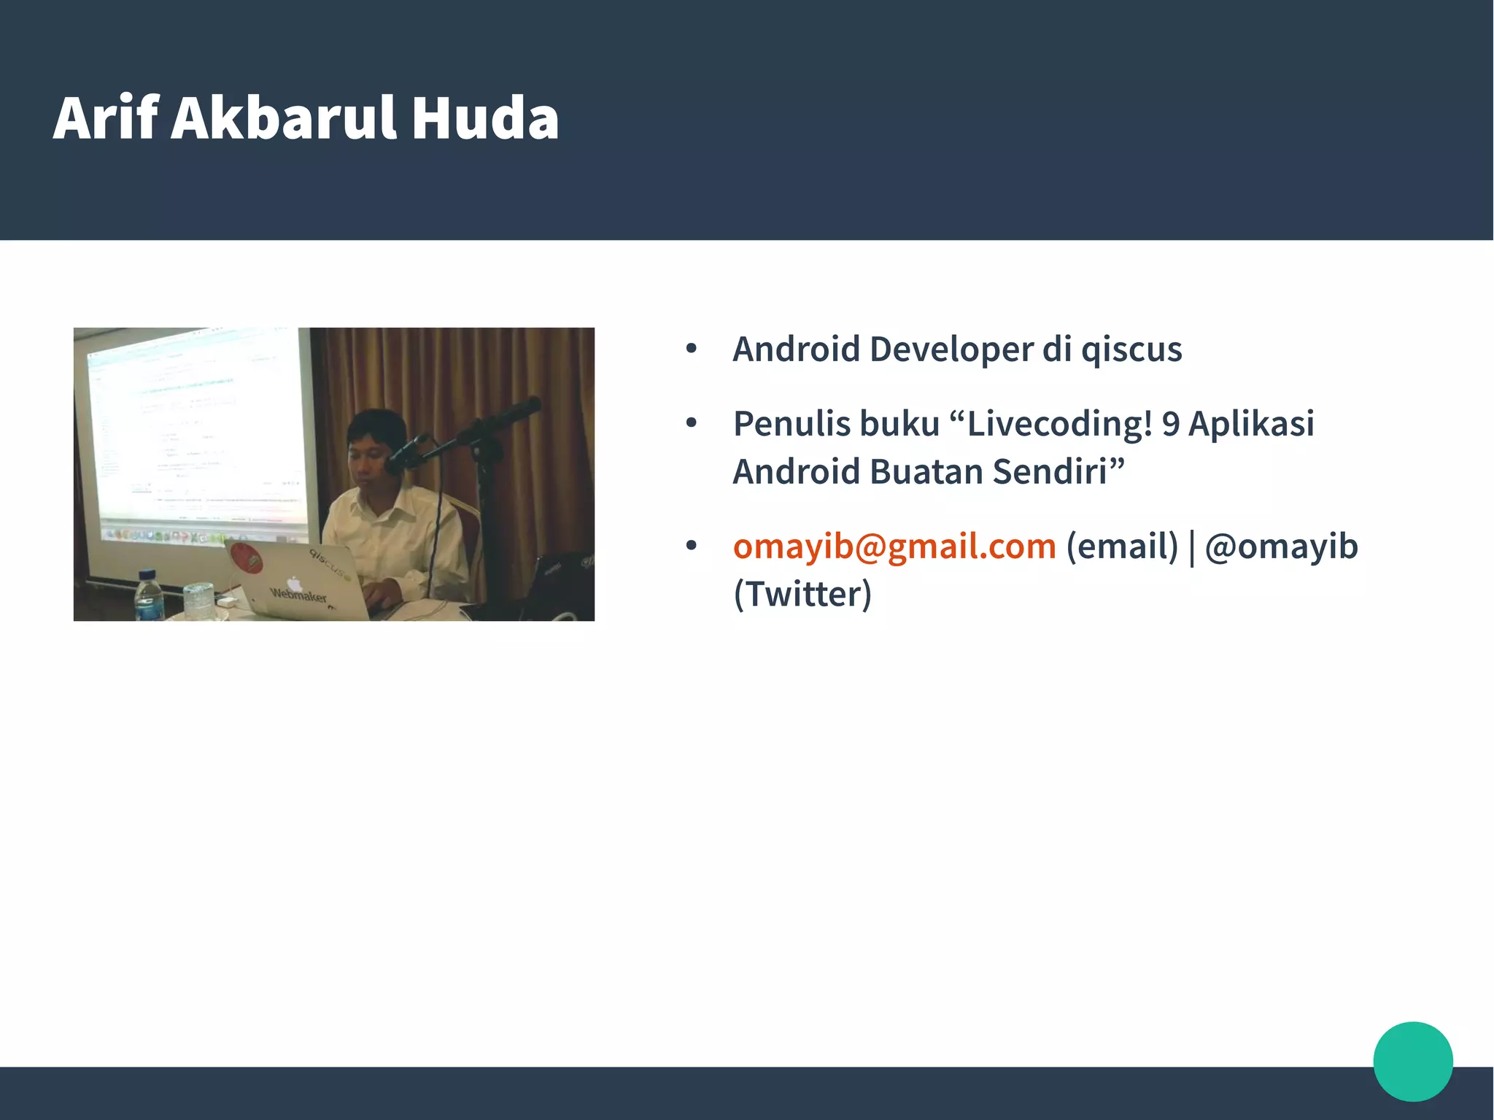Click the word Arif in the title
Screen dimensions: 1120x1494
point(106,118)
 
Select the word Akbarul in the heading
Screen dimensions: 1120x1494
point(283,118)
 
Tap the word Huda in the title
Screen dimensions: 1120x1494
point(485,118)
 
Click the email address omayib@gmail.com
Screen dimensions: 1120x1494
point(894,546)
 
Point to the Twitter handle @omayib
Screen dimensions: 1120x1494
point(1281,546)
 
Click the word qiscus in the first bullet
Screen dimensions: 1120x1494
point(1131,349)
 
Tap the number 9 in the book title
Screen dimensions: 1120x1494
point(1171,423)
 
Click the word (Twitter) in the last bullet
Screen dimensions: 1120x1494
point(802,594)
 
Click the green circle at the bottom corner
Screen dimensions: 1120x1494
point(1413,1061)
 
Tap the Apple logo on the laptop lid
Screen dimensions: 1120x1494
point(294,583)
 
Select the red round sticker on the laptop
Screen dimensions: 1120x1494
point(246,558)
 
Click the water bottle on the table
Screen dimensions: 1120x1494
point(149,596)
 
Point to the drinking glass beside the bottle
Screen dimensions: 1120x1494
point(198,600)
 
